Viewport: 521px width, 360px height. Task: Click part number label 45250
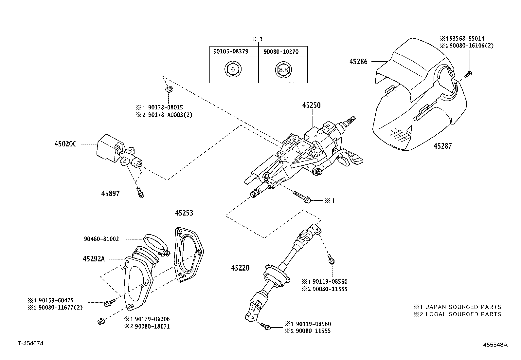(x=311, y=105)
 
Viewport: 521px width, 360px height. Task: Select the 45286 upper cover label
(x=358, y=61)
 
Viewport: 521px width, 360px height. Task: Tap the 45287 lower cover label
(x=442, y=146)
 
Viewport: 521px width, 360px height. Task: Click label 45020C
(x=65, y=144)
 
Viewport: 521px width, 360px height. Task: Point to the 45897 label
(x=110, y=194)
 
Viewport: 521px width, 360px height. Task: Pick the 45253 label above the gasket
(x=184, y=213)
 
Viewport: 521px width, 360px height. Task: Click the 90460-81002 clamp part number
(x=101, y=239)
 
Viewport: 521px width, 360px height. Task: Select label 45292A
(x=94, y=259)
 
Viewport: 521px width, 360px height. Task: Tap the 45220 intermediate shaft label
(x=240, y=268)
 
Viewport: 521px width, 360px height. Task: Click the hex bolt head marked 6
(x=233, y=69)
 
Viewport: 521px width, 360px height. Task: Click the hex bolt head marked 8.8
(x=283, y=69)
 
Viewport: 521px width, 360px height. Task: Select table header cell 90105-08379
(x=231, y=51)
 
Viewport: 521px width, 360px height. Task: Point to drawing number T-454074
(x=30, y=343)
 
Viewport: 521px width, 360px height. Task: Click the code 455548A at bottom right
(x=495, y=345)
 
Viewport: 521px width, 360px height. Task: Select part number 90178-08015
(x=166, y=107)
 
